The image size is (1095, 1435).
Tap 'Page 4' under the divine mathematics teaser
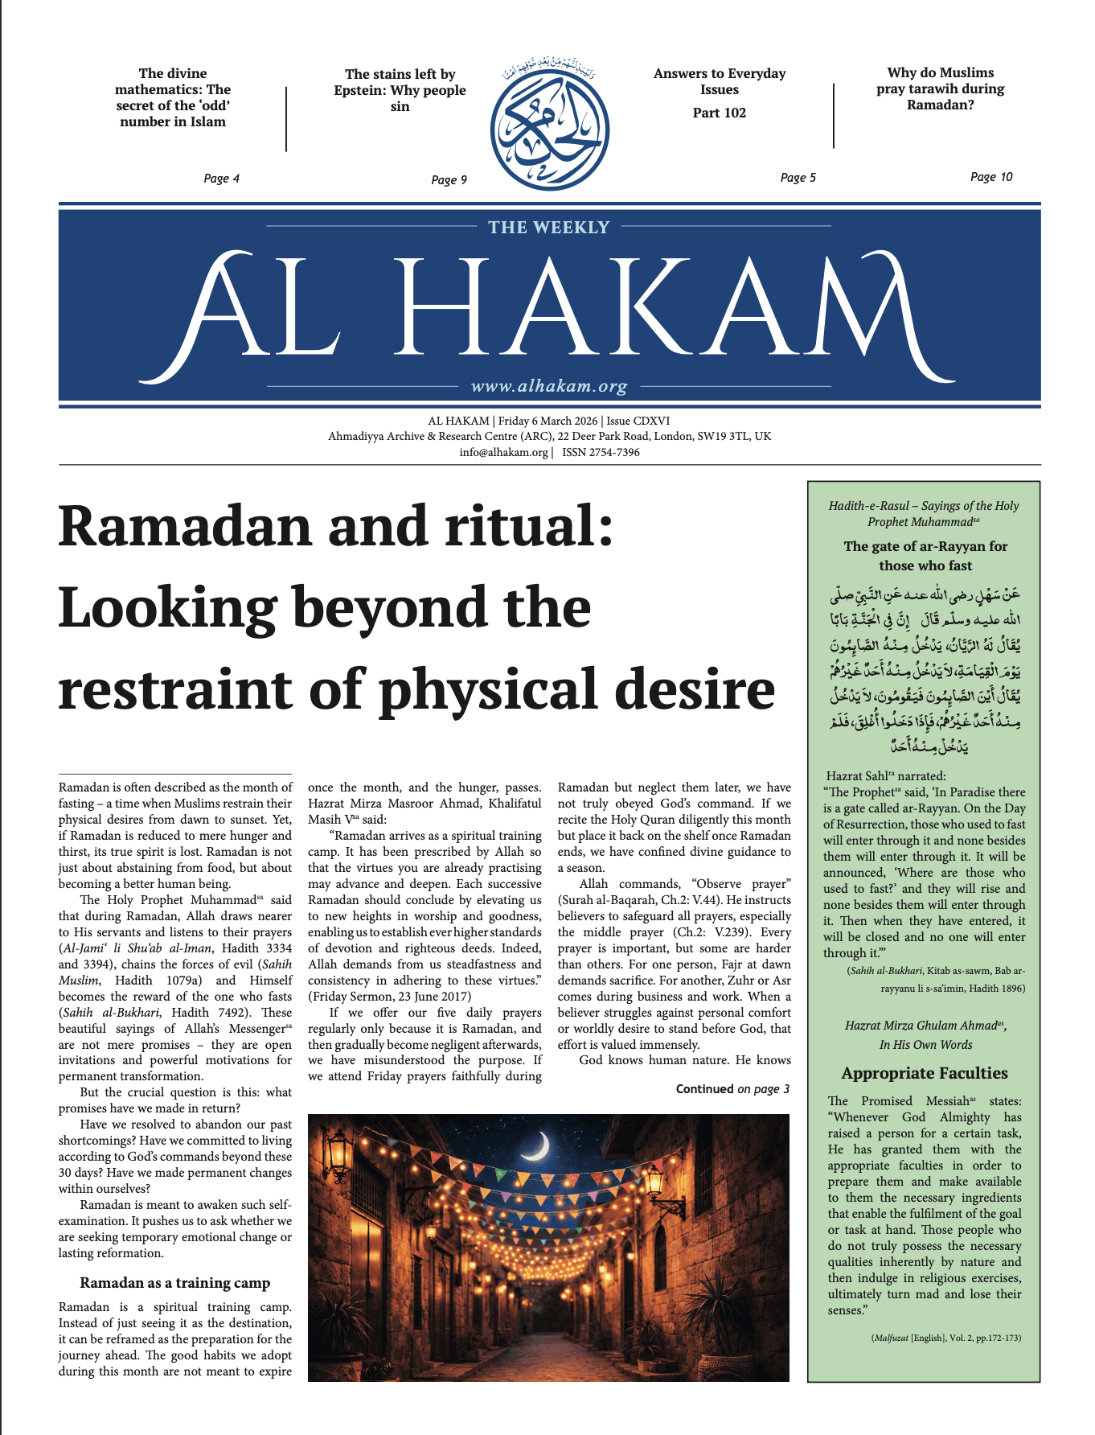221,179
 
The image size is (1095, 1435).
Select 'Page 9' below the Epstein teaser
449,180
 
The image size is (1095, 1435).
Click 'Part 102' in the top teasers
719,113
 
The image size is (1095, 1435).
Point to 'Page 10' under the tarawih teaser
990,177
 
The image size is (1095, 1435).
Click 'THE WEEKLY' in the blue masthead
549,228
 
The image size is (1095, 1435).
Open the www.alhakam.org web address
549,386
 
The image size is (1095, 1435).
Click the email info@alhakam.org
503,452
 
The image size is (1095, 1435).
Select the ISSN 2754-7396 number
601,452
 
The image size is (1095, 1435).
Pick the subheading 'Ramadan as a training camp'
174,1283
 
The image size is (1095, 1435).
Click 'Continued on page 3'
732,1089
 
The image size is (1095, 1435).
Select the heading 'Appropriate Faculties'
924,1073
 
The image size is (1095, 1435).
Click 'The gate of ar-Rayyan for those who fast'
925,556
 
